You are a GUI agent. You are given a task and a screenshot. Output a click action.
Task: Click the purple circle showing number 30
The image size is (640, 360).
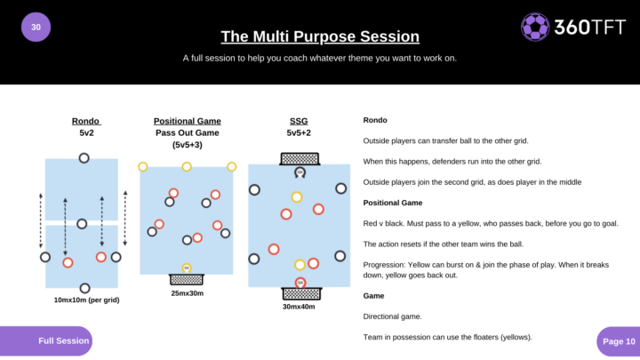pyautogui.click(x=36, y=27)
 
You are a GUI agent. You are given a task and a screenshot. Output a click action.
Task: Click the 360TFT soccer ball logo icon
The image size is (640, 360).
pyautogui.click(x=534, y=27)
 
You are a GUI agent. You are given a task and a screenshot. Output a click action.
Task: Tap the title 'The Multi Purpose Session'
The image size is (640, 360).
pyautogui.click(x=319, y=36)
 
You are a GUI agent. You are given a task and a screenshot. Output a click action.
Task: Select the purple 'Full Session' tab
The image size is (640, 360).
pyautogui.click(x=59, y=340)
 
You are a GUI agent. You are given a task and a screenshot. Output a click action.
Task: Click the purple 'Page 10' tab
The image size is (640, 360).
pyautogui.click(x=617, y=340)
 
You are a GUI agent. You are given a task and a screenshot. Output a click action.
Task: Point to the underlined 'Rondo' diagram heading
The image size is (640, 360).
pyautogui.click(x=85, y=121)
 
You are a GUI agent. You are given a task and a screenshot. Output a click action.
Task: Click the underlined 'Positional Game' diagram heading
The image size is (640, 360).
pyautogui.click(x=187, y=121)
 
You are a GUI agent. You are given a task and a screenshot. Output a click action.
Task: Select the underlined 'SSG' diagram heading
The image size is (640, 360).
pyautogui.click(x=299, y=121)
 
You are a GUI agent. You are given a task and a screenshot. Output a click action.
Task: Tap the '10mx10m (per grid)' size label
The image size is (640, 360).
pyautogui.click(x=86, y=300)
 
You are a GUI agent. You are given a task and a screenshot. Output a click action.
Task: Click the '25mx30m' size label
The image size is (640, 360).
pyautogui.click(x=188, y=292)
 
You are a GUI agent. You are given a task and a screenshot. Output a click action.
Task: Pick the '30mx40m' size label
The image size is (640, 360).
pyautogui.click(x=299, y=307)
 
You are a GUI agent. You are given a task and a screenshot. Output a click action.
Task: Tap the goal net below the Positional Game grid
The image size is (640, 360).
pyautogui.click(x=187, y=278)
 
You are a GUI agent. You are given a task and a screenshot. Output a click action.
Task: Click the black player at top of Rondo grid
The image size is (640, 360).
pyautogui.click(x=84, y=158)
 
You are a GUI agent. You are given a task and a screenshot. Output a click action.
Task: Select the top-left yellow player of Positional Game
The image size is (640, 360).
pyautogui.click(x=143, y=166)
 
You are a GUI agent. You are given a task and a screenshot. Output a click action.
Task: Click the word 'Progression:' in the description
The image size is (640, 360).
pyautogui.click(x=387, y=264)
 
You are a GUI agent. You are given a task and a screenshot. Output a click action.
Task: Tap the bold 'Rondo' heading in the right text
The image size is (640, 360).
pyautogui.click(x=375, y=120)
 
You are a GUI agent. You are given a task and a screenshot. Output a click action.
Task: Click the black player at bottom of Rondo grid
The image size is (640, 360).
pyautogui.click(x=84, y=287)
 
